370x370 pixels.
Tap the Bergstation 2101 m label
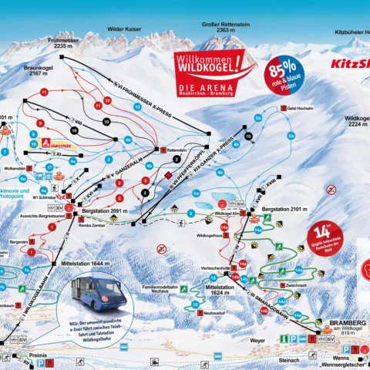click(284, 208)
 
